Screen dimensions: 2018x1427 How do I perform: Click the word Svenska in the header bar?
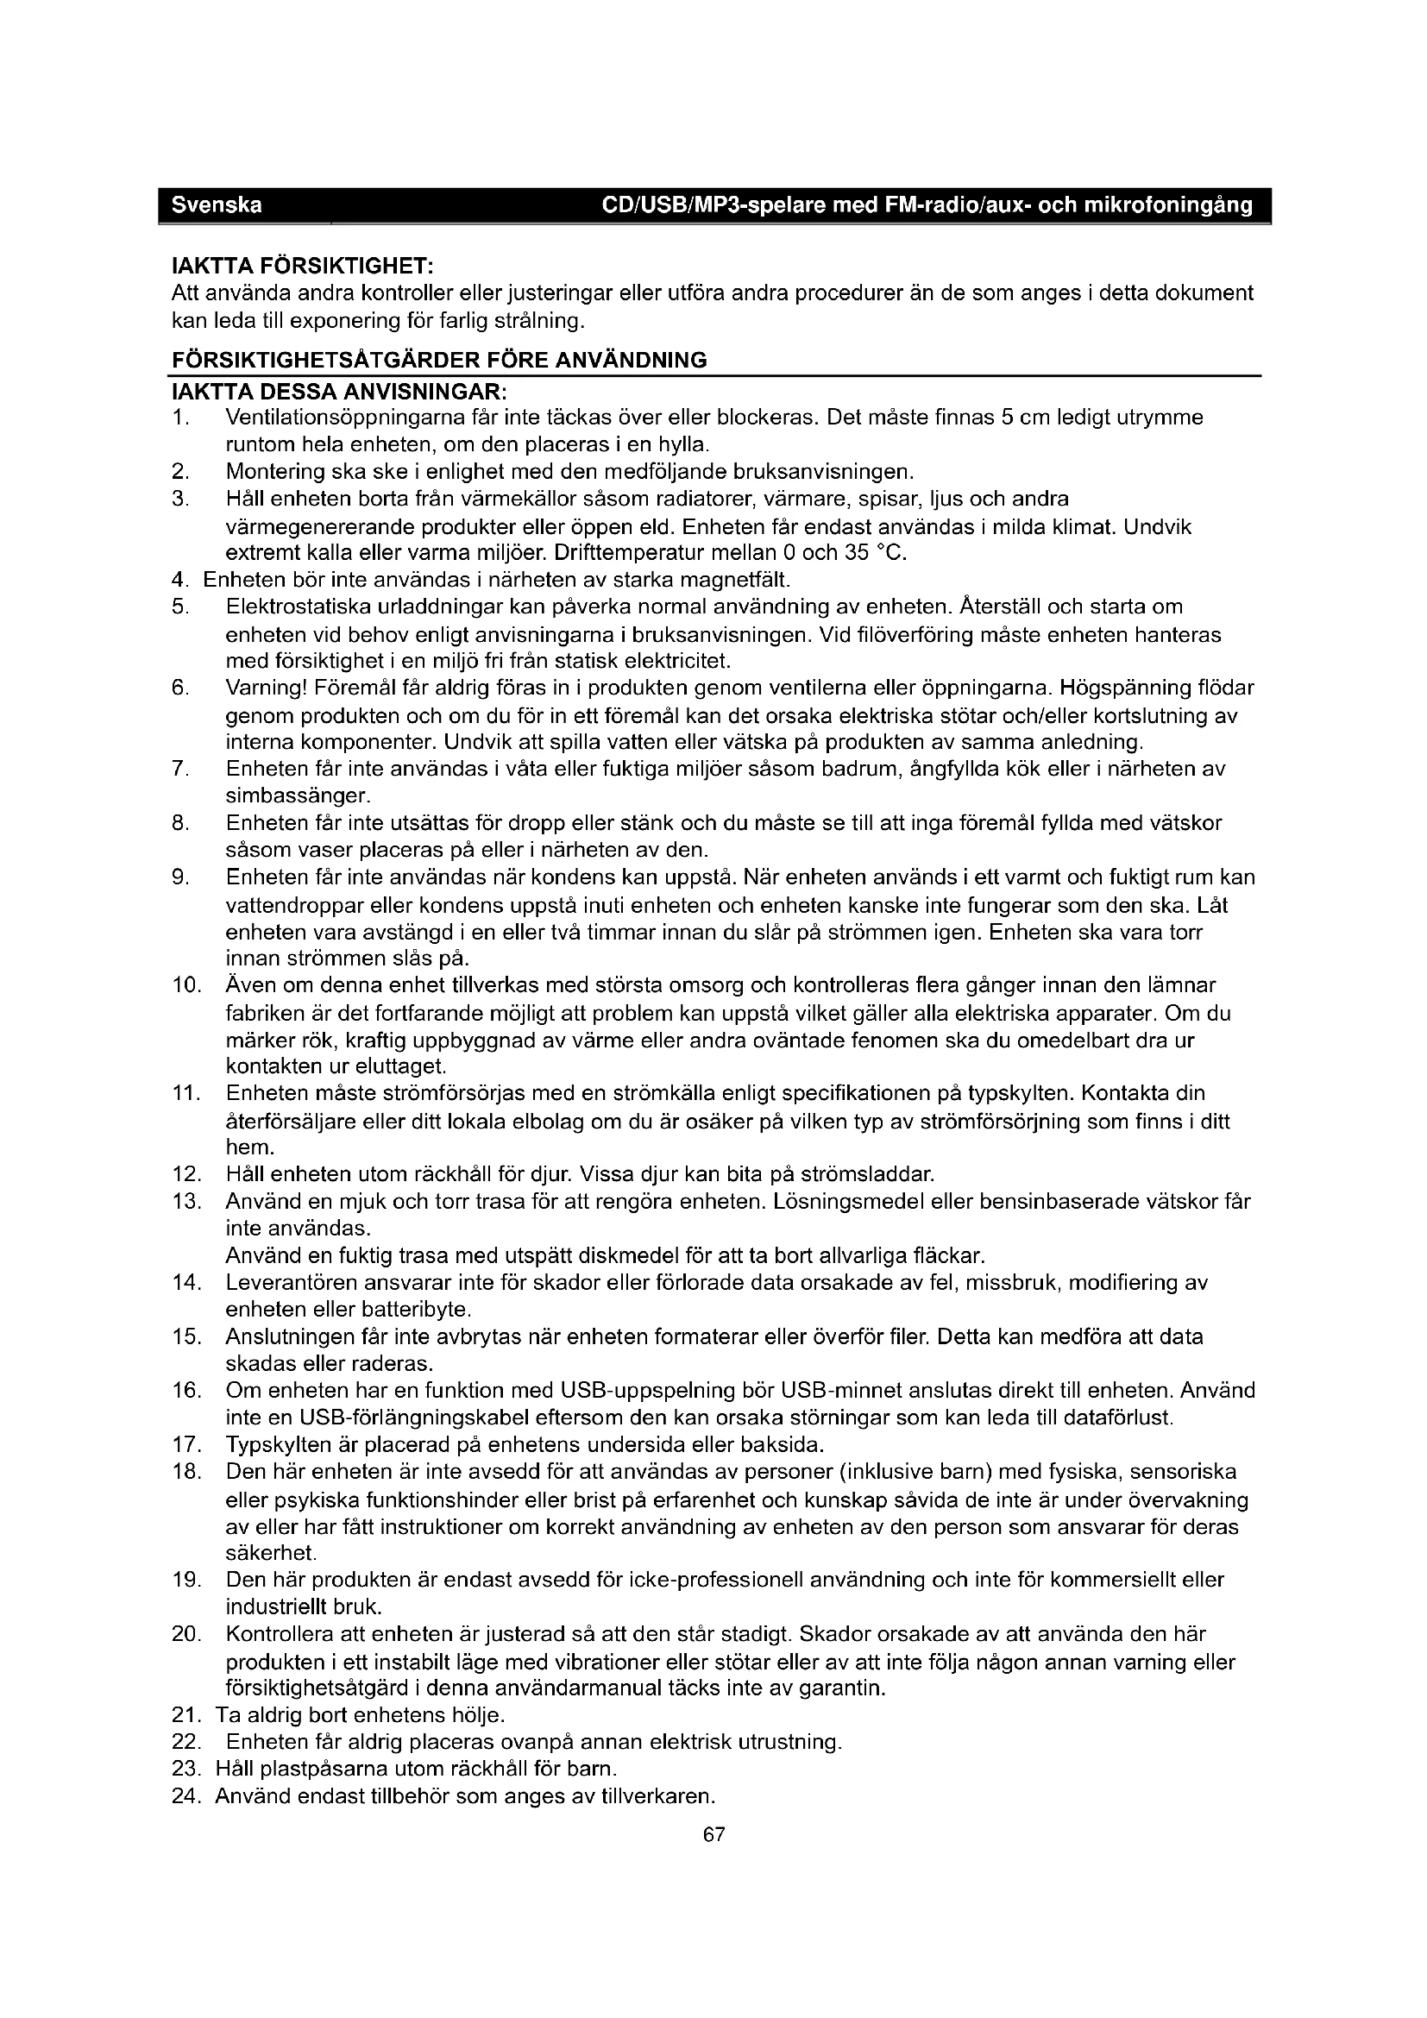tap(217, 205)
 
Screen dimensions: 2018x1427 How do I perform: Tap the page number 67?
tap(714, 1834)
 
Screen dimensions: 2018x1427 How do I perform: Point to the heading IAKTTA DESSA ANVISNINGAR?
tap(338, 389)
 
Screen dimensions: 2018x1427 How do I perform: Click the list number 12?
tap(187, 1174)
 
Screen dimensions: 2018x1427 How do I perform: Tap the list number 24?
tap(187, 1795)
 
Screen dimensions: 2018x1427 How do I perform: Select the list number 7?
tap(180, 769)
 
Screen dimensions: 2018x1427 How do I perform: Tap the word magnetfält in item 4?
tap(745, 580)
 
